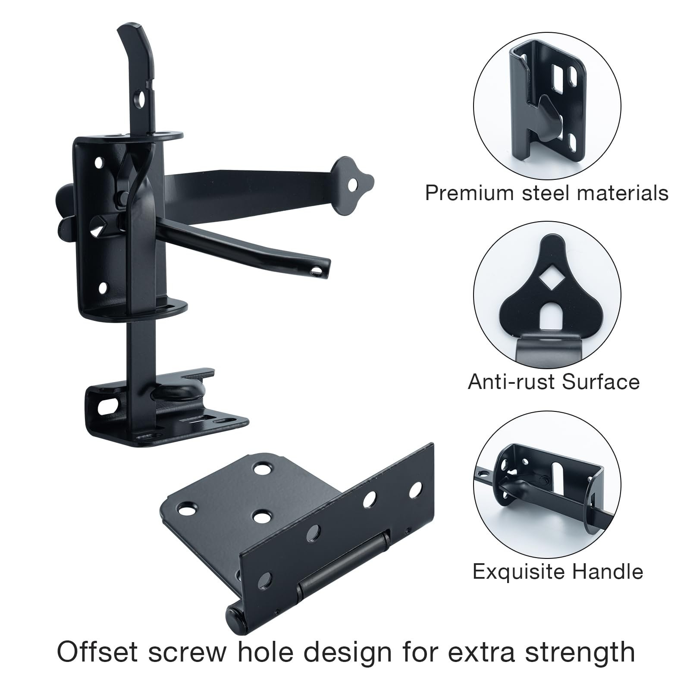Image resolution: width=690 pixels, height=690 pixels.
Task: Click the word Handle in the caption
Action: tap(607, 572)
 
